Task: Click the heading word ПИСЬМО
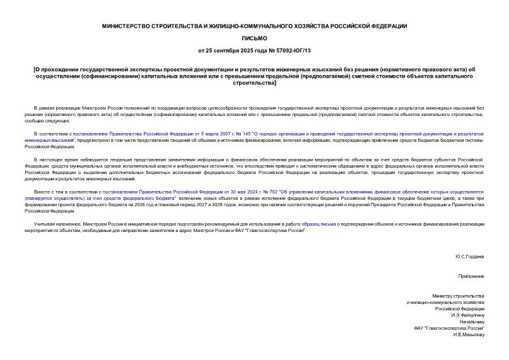[254, 38]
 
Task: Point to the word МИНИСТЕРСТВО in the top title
[129, 26]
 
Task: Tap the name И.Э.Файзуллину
[467, 315]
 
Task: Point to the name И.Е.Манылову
[468, 334]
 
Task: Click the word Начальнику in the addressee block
[471, 322]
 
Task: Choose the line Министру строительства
[458, 296]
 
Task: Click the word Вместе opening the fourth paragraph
[41, 190]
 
